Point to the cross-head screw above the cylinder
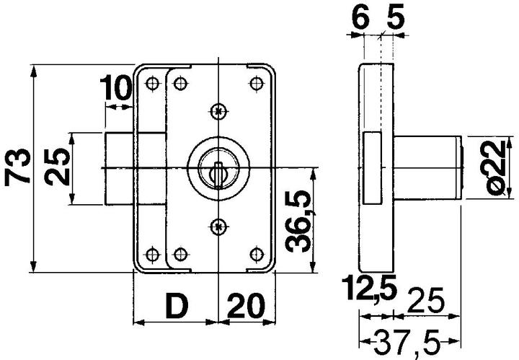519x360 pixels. click(218, 110)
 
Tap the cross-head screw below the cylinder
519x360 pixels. click(218, 227)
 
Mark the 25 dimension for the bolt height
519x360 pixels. click(61, 168)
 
